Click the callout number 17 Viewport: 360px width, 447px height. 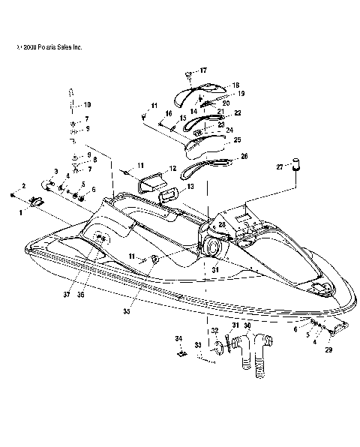click(202, 70)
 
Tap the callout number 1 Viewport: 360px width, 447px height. click(22, 212)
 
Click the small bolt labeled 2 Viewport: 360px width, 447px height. click(13, 193)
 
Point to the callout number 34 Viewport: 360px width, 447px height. click(178, 338)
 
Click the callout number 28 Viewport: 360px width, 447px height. click(221, 224)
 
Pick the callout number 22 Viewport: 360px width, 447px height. click(238, 112)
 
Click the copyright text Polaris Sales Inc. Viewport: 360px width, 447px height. click(48, 47)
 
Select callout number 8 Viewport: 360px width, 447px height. click(94, 160)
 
